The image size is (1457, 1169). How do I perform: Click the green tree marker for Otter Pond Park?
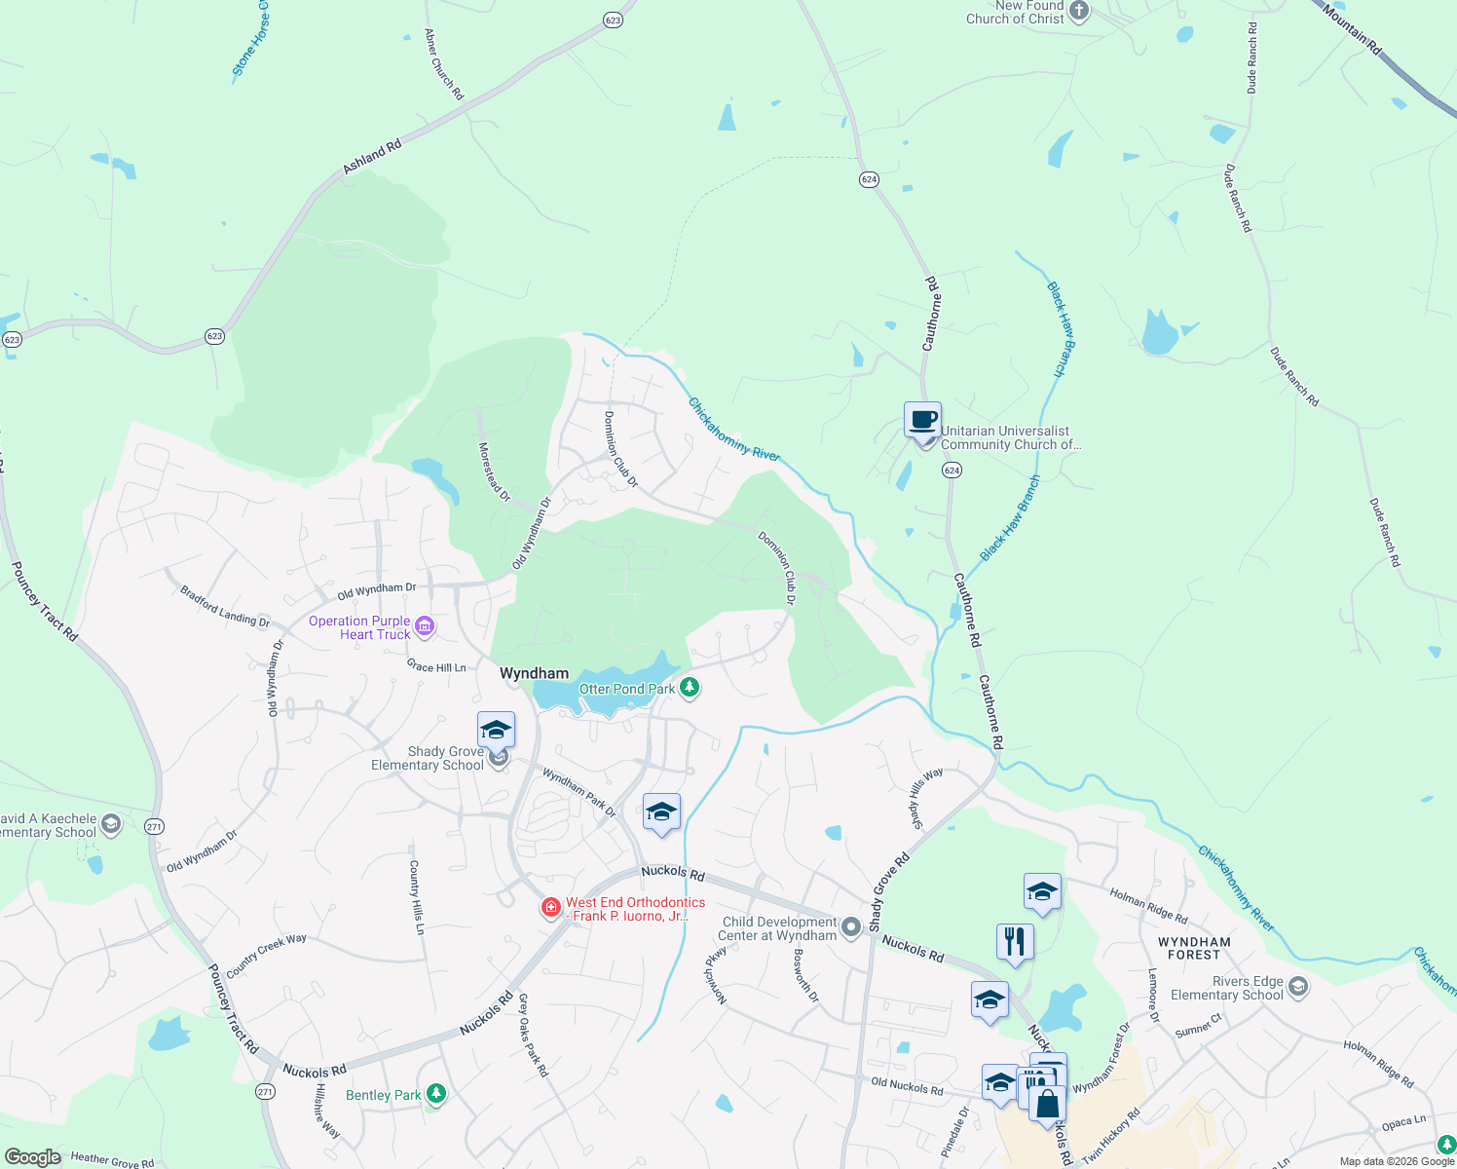pos(690,688)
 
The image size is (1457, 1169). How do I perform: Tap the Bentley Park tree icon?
pos(436,1094)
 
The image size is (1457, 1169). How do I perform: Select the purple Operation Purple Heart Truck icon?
pos(425,626)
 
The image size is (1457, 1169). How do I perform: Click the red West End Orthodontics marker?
pos(550,908)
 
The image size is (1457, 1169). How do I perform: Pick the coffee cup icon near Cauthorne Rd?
pos(922,421)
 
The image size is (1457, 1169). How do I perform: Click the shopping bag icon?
pos(1047,1105)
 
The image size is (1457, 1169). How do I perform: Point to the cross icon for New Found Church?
pos(1078,12)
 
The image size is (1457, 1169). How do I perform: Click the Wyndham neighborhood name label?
pos(534,673)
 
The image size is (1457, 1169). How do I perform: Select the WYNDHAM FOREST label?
pos(1194,948)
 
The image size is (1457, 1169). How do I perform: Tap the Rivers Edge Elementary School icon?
pos(1297,988)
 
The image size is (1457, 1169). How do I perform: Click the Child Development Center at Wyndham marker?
pos(851,926)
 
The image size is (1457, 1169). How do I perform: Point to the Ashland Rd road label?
pos(372,158)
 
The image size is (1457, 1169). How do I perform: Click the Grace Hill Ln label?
pos(436,666)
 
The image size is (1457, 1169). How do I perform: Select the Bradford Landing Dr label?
pos(224,606)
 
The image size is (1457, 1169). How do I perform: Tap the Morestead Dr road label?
pos(494,472)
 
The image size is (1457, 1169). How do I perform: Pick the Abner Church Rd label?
pos(444,64)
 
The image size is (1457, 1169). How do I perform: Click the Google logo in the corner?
pos(33,1157)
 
